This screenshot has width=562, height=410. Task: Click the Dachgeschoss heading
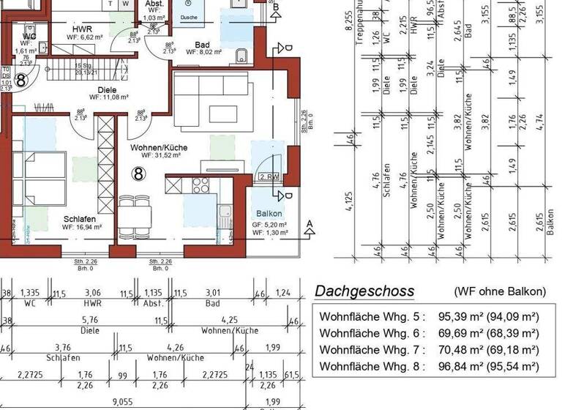click(364, 291)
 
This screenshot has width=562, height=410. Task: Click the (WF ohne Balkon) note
click(499, 291)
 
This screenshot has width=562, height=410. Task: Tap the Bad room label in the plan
click(202, 45)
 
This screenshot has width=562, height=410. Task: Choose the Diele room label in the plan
click(107, 90)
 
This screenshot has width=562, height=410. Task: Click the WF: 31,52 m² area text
click(159, 156)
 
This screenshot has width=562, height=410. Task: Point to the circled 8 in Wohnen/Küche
click(138, 174)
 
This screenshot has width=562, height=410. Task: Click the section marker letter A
click(310, 223)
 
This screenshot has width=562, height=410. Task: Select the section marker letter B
click(276, 7)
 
